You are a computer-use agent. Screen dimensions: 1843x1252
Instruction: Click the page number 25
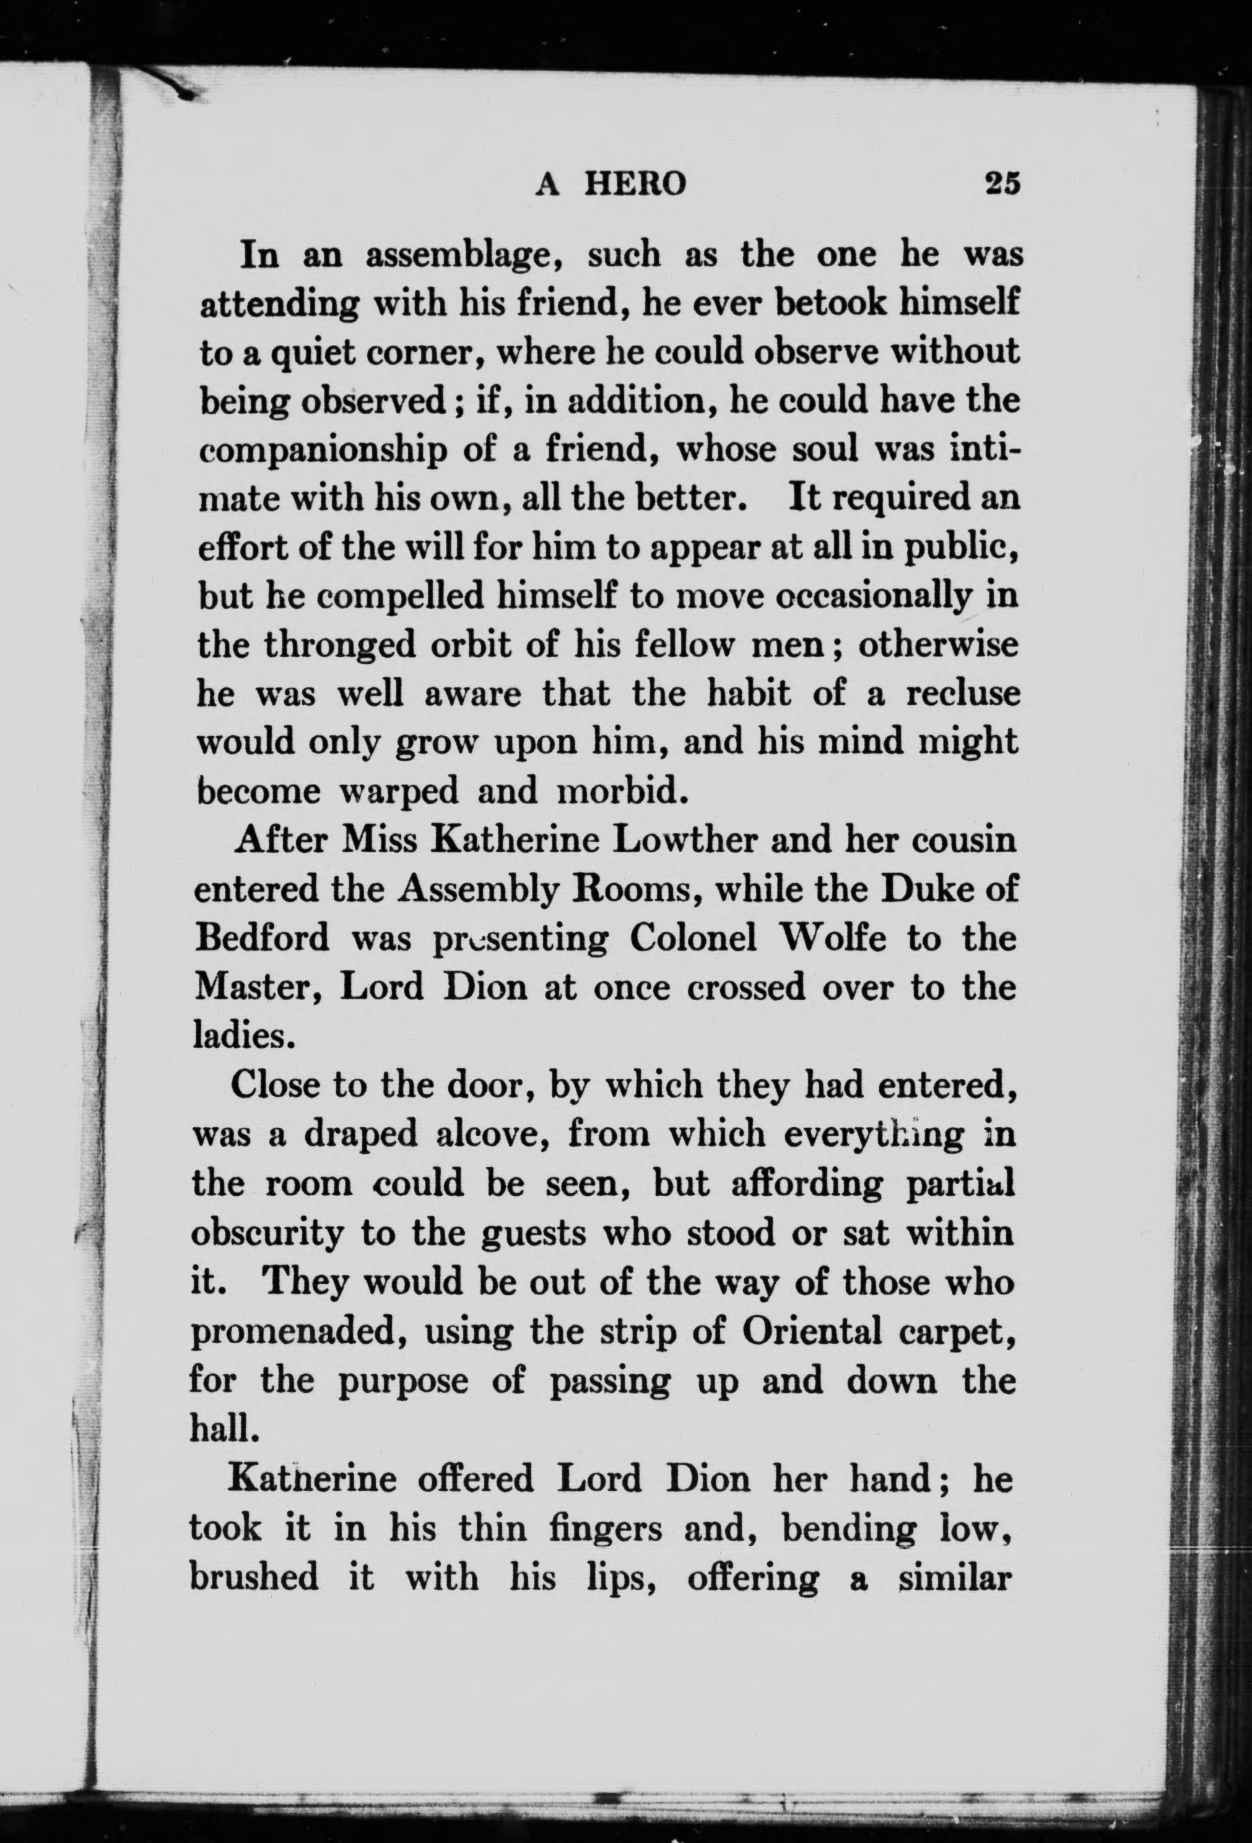coord(1001,184)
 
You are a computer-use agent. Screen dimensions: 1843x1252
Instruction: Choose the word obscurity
coord(267,1233)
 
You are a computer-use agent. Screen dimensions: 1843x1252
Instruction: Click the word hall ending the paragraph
coord(224,1428)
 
